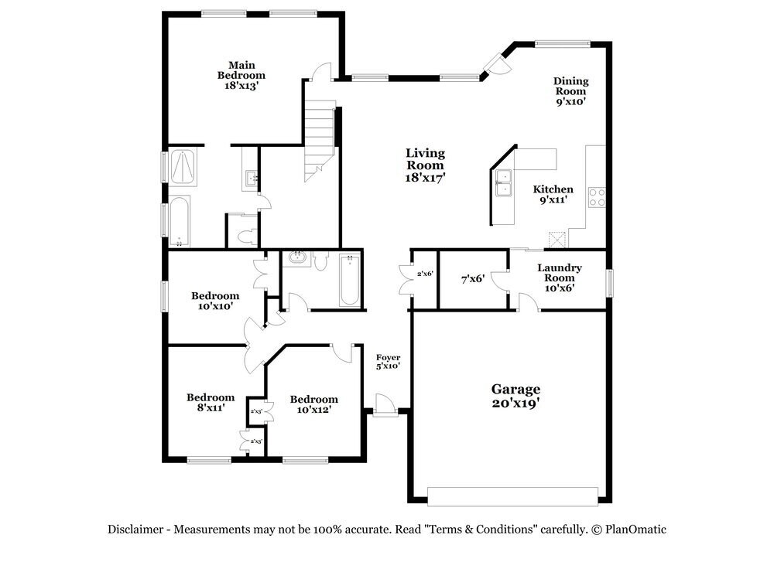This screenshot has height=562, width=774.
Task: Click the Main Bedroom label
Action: (x=241, y=76)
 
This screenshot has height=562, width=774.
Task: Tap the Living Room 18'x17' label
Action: (x=425, y=165)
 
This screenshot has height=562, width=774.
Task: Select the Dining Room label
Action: (x=570, y=90)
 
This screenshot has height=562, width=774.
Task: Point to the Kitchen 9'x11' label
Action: (x=553, y=194)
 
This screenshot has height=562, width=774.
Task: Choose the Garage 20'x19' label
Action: (x=515, y=396)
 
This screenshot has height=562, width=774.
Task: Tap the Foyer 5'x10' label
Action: (x=388, y=361)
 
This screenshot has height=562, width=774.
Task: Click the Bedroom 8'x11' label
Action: (x=210, y=403)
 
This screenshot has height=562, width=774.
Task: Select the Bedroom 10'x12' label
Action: (x=313, y=404)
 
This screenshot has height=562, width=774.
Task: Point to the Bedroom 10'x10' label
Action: (x=215, y=301)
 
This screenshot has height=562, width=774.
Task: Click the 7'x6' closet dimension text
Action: (x=472, y=278)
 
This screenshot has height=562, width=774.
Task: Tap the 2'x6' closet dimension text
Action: (x=425, y=274)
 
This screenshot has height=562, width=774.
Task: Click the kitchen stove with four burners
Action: (x=596, y=197)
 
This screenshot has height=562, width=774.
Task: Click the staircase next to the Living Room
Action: (x=319, y=139)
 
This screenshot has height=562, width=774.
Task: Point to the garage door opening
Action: (x=513, y=496)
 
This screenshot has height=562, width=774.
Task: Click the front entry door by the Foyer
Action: (x=384, y=405)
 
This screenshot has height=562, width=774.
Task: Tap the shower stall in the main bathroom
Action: (x=183, y=166)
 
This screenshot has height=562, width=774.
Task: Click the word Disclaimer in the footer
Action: (x=136, y=530)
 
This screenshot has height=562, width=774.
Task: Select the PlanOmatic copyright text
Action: (x=628, y=530)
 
